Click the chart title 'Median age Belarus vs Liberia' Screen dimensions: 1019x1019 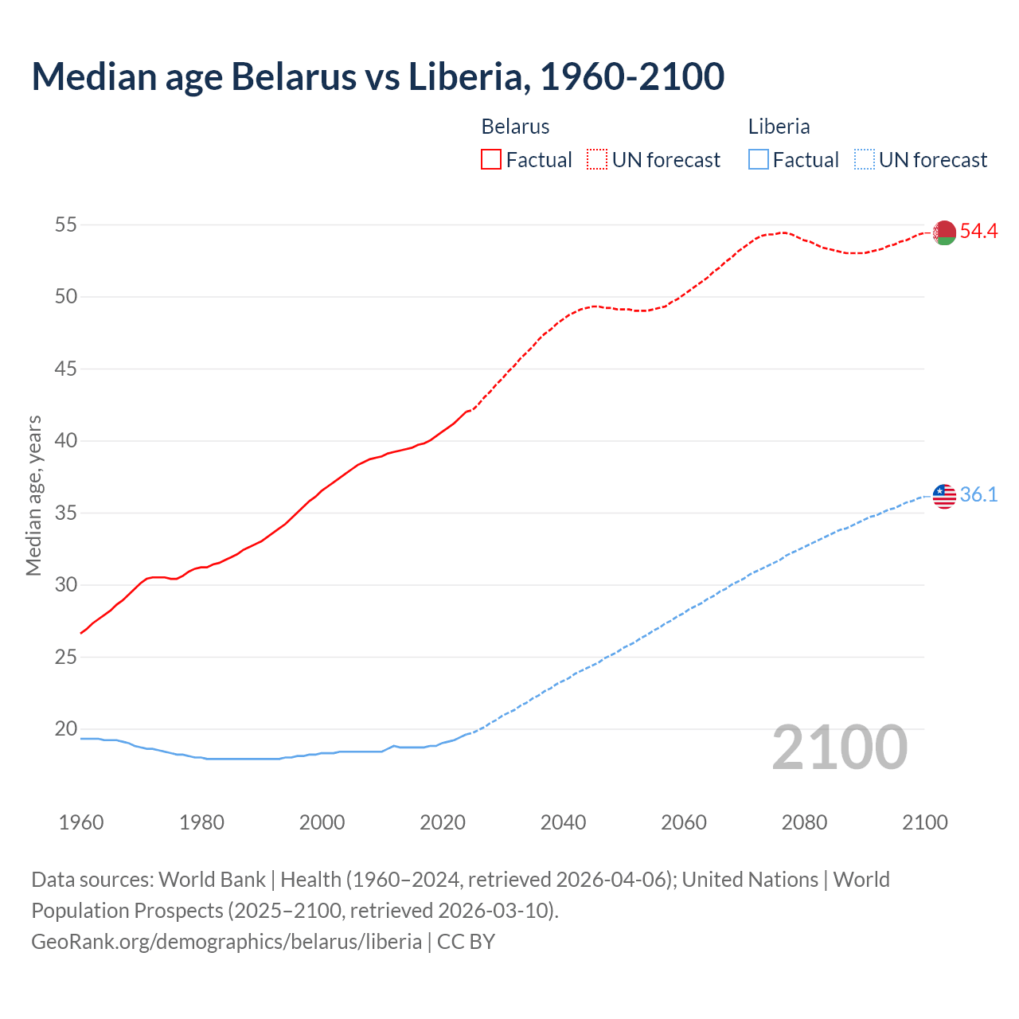[x=377, y=76]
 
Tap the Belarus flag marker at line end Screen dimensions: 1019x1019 [x=944, y=232]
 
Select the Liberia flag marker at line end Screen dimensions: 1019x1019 [x=944, y=496]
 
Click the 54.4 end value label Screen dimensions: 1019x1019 [x=978, y=232]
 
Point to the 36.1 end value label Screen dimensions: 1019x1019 [x=978, y=495]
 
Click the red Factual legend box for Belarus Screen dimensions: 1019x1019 [x=491, y=160]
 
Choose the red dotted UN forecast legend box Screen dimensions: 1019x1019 [x=597, y=160]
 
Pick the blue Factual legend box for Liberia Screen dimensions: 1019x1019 [x=759, y=160]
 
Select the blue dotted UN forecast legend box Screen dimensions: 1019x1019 [x=864, y=160]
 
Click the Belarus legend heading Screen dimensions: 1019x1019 [x=515, y=127]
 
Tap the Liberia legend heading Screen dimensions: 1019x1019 [x=779, y=127]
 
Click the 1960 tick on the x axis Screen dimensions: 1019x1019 [x=81, y=822]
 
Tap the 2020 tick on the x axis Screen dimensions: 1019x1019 [x=443, y=822]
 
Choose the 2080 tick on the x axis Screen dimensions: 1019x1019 [x=804, y=822]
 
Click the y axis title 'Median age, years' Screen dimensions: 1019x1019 [x=33, y=495]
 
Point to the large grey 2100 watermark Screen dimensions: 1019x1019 [x=839, y=748]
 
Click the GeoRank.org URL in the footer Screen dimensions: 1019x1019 [x=226, y=942]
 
